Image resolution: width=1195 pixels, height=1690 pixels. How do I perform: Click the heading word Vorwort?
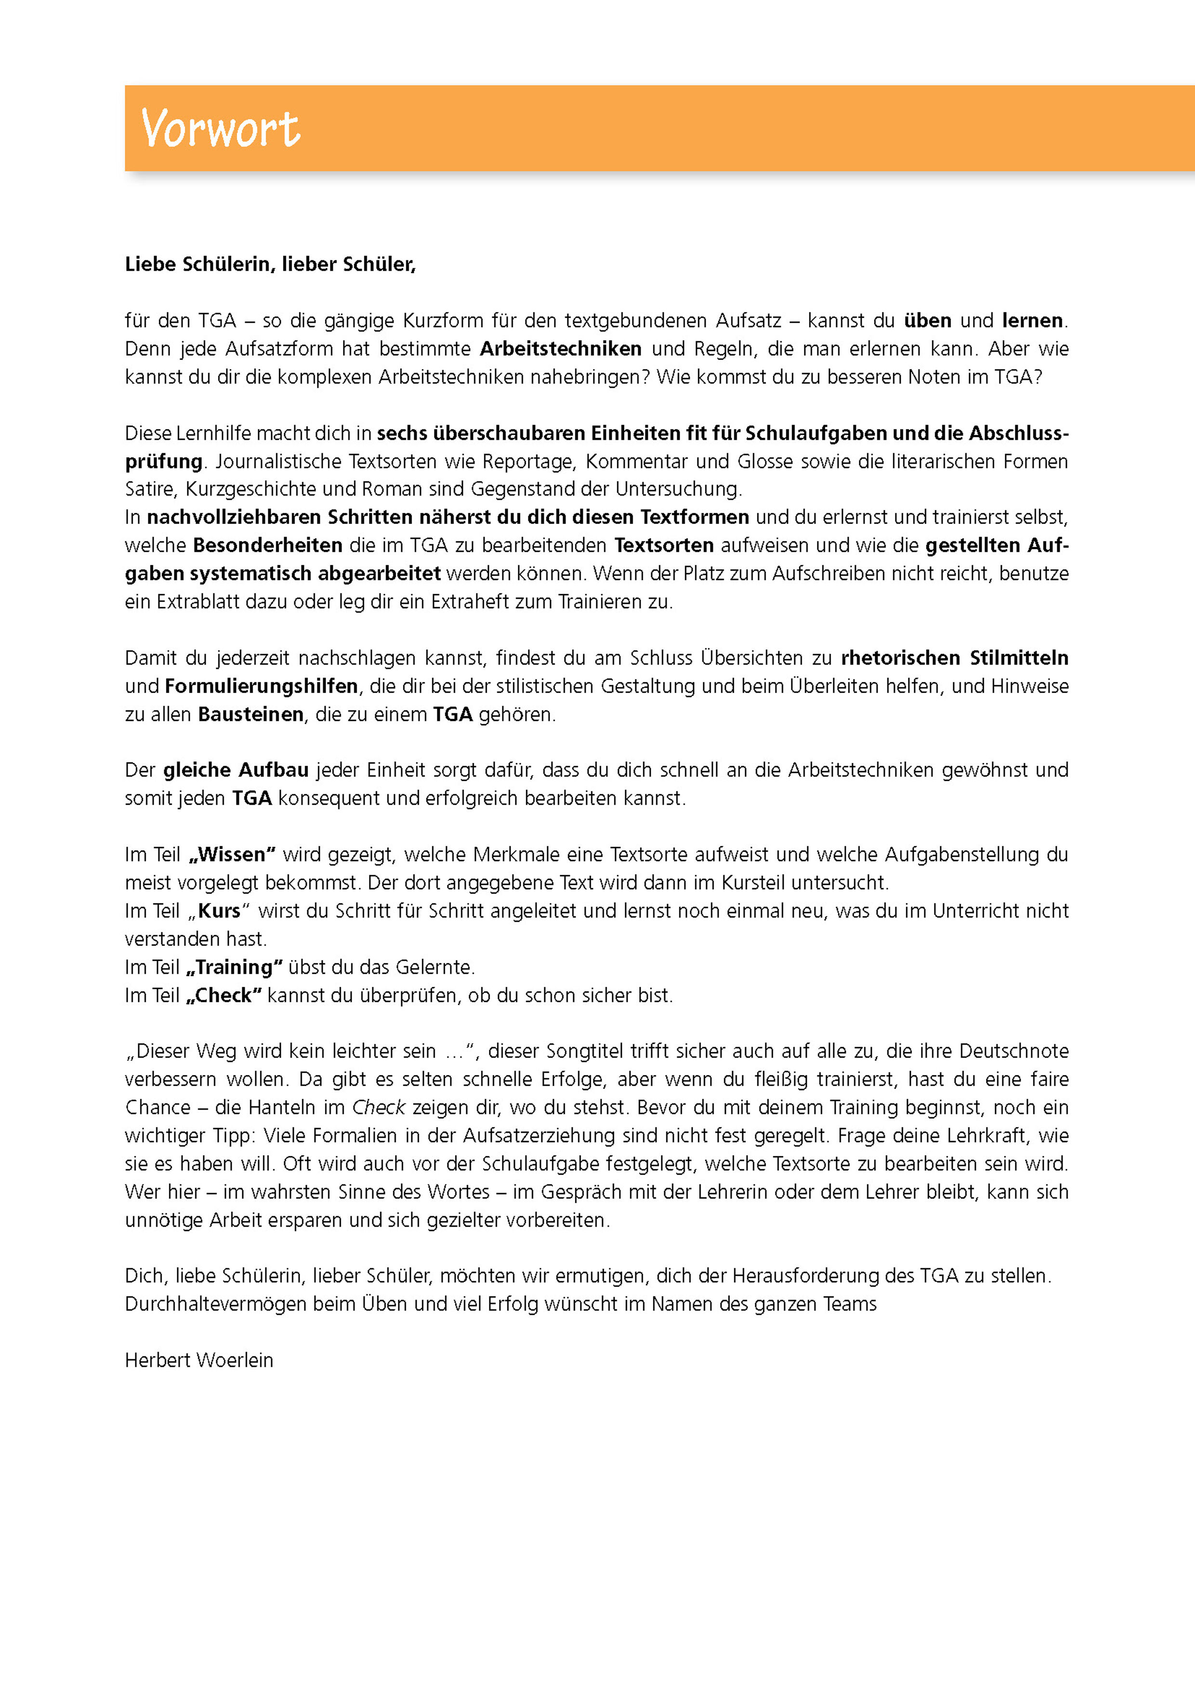[220, 129]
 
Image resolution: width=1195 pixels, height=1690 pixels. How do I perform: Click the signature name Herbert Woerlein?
[199, 1360]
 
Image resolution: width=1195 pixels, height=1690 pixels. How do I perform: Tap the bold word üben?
[927, 321]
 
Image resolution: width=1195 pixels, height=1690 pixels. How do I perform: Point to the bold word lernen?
[1032, 321]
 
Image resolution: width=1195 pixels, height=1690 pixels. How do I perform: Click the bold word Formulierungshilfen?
[262, 686]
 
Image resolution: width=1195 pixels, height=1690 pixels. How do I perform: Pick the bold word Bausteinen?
[250, 714]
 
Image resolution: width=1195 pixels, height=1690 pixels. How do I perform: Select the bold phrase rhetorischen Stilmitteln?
[954, 658]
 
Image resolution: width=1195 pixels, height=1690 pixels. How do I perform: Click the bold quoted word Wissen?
[232, 854]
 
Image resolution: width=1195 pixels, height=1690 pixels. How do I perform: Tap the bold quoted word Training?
[234, 967]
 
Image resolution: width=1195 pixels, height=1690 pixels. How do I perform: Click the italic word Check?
[379, 1108]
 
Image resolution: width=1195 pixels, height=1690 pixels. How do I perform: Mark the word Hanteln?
[281, 1108]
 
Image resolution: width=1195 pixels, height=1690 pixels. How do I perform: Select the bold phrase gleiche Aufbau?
[236, 771]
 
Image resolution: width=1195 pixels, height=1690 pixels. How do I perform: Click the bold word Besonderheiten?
[267, 545]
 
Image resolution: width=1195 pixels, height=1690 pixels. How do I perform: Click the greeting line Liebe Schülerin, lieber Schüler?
[270, 264]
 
